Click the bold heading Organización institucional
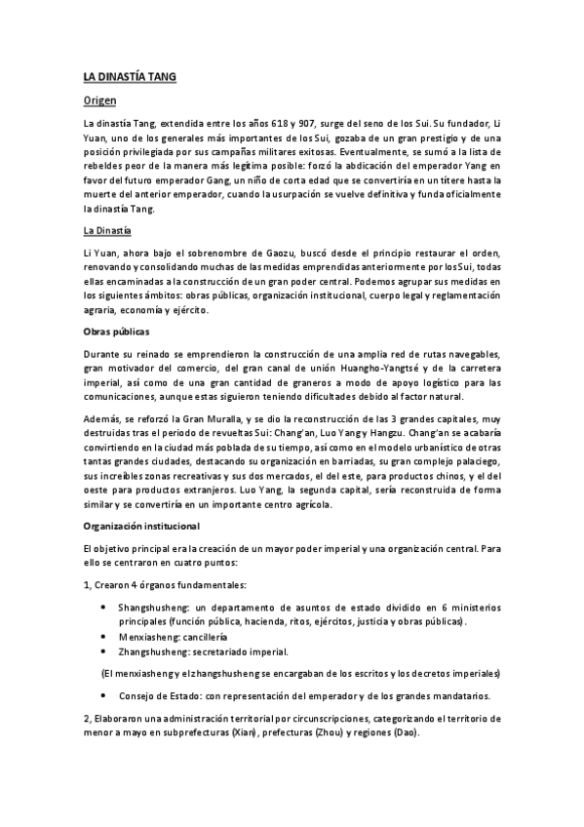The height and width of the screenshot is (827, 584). point(141,526)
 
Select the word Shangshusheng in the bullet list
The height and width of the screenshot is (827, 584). point(154,606)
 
